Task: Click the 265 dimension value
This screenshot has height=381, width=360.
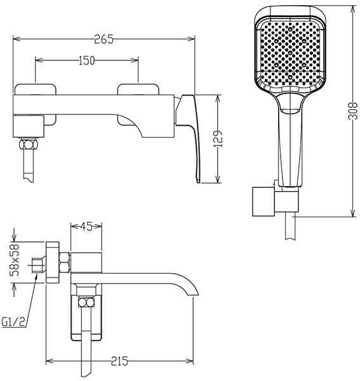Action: coord(103,39)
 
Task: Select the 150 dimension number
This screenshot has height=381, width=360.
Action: coord(86,60)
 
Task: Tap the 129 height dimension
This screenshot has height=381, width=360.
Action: coord(218,138)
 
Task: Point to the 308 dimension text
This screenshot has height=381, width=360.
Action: coord(353,110)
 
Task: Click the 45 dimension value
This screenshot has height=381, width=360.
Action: coord(86,227)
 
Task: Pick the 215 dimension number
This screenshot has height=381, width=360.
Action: coord(119,361)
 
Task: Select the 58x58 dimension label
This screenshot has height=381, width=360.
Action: coord(15,260)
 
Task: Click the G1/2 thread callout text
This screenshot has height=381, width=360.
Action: coord(13,322)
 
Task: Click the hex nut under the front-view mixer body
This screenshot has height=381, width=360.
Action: coord(29,144)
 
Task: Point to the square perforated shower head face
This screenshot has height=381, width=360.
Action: coord(290,51)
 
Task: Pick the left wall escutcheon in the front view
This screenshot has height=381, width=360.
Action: coord(36,105)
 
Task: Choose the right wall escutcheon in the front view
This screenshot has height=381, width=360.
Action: coord(138,105)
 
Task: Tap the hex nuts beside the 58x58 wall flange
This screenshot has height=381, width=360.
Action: coord(65,262)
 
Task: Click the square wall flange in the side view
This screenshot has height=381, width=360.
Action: coord(53,262)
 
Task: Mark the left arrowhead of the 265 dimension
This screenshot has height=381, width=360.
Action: coord(17,39)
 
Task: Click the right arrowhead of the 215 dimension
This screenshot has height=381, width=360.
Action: coord(190,361)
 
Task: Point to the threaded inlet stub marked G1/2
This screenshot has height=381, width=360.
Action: coord(38,265)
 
